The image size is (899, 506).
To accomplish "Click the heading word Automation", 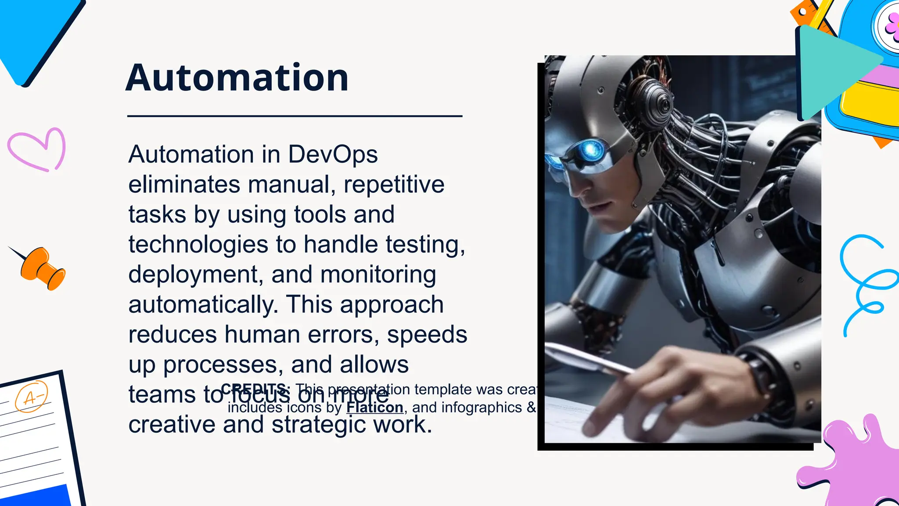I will pyautogui.click(x=237, y=78).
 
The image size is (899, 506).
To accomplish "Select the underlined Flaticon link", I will pyautogui.click(x=374, y=408).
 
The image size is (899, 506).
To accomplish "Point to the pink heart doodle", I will pyautogui.click(x=37, y=150).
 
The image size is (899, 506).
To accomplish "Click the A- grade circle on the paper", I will pyautogui.click(x=31, y=397).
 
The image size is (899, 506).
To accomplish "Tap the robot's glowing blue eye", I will pyautogui.click(x=591, y=150).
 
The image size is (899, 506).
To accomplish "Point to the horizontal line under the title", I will pyautogui.click(x=295, y=116).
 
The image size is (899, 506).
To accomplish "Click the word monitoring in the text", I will pyautogui.click(x=378, y=275).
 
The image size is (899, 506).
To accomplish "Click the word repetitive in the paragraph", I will pyautogui.click(x=394, y=184).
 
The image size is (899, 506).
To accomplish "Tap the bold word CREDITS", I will pyautogui.click(x=255, y=389).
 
